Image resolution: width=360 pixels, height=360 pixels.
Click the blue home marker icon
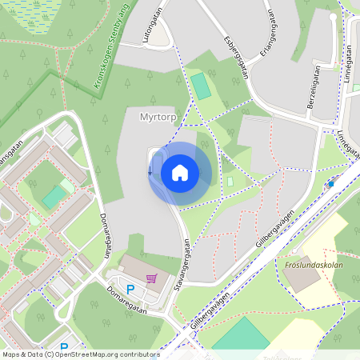tap(179, 173)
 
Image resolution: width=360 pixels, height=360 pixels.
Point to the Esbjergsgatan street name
tap(238, 58)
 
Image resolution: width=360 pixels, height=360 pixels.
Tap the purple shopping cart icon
tap(150, 278)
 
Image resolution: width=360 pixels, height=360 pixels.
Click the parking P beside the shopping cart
tap(130, 288)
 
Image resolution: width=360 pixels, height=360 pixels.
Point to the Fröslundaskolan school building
tap(301, 276)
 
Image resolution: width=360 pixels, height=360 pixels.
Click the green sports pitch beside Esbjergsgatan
tap(201, 86)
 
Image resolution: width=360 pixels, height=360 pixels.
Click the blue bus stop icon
tap(330, 184)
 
